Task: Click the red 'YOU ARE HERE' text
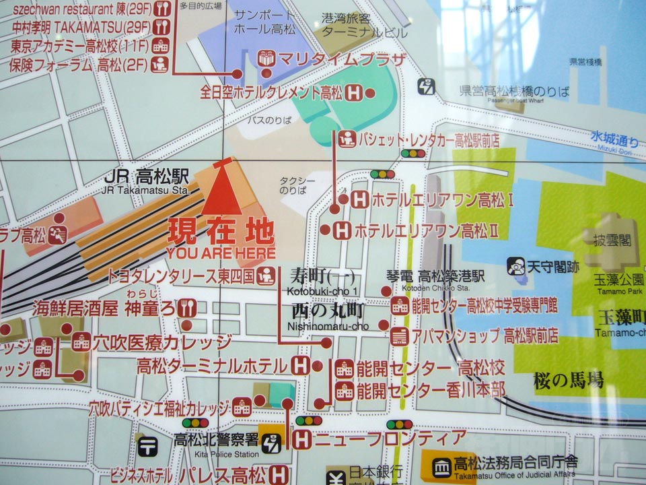[221, 254]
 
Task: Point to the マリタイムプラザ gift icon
[268, 59]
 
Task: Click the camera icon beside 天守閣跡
[515, 266]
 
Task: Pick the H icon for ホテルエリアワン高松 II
[343, 230]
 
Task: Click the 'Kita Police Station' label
[217, 454]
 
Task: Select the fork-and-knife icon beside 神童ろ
[187, 309]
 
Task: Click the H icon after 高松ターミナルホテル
[301, 366]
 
